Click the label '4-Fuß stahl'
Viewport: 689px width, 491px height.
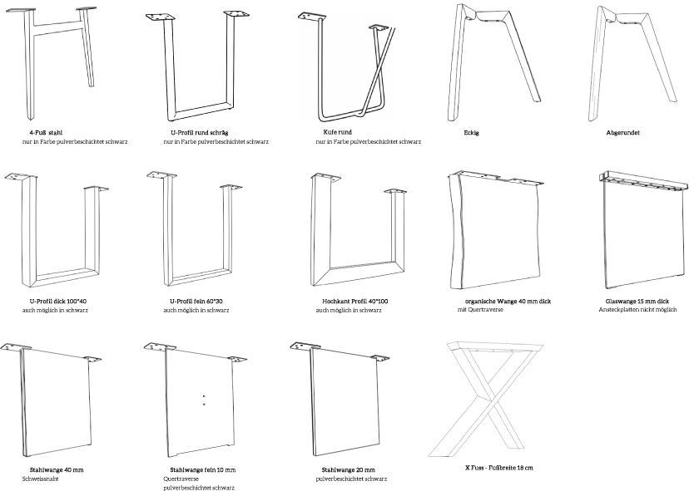pyautogui.click(x=46, y=133)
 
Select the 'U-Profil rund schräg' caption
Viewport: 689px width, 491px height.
pyautogui.click(x=200, y=133)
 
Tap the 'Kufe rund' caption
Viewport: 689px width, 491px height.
pyautogui.click(x=338, y=132)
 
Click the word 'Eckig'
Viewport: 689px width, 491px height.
pyautogui.click(x=472, y=133)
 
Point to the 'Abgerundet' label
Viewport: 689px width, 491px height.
pyautogui.click(x=622, y=133)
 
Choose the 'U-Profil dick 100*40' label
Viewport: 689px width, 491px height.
pyautogui.click(x=58, y=302)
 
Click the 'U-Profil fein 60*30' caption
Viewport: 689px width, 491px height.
pyautogui.click(x=196, y=302)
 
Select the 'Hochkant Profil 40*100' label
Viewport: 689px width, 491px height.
pyautogui.click(x=355, y=302)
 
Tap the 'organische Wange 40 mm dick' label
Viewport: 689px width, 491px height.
pyautogui.click(x=508, y=302)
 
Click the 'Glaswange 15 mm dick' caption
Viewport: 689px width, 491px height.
pyautogui.click(x=637, y=302)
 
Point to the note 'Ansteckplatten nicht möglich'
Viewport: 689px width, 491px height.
pyautogui.click(x=637, y=310)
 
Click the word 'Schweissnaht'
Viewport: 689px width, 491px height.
pyautogui.click(x=41, y=479)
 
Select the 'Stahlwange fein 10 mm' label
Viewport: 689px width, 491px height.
pyautogui.click(x=203, y=470)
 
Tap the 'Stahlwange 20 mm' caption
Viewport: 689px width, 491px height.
pyautogui.click(x=349, y=470)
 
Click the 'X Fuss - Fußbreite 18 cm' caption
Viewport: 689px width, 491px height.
pyautogui.click(x=499, y=468)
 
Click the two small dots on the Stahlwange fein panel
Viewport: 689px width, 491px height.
pyautogui.click(x=204, y=400)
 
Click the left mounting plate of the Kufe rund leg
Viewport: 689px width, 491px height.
pyautogui.click(x=312, y=17)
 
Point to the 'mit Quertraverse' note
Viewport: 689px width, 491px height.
pyautogui.click(x=480, y=310)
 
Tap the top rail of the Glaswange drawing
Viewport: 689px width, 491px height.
pyautogui.click(x=643, y=181)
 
